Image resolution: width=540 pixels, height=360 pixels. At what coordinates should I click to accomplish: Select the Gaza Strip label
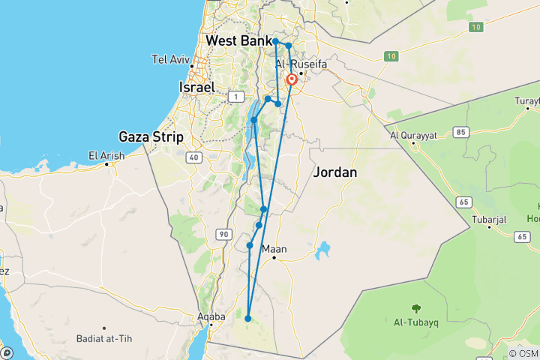click(147, 136)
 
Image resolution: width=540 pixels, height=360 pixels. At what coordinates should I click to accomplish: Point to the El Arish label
click(106, 156)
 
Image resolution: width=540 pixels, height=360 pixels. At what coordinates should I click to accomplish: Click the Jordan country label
click(334, 172)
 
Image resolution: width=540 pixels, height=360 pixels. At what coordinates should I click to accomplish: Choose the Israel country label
click(198, 87)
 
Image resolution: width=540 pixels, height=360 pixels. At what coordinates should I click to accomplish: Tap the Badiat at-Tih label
click(103, 338)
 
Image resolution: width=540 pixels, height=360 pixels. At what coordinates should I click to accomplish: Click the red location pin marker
click(291, 80)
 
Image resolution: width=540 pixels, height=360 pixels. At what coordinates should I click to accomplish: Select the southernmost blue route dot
click(247, 318)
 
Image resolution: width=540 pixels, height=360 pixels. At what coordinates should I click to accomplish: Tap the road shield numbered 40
click(193, 157)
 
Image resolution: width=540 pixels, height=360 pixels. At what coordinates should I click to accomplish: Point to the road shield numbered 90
click(223, 235)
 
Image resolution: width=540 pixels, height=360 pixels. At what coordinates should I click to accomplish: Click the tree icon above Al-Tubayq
click(415, 308)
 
